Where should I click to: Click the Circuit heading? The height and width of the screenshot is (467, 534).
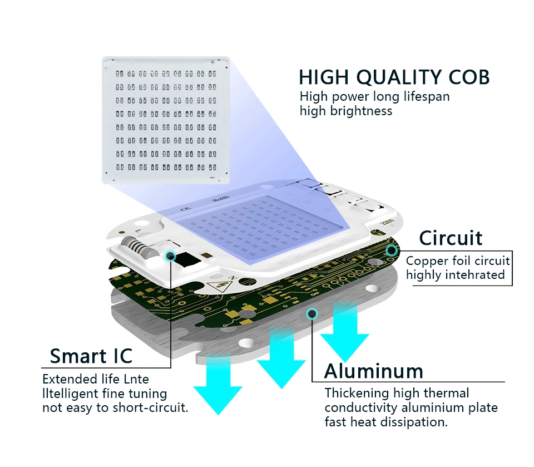click(451, 238)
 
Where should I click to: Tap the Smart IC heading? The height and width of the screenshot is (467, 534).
click(91, 356)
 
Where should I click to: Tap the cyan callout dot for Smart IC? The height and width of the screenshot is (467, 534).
click(170, 255)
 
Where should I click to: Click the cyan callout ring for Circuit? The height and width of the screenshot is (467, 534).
click(392, 250)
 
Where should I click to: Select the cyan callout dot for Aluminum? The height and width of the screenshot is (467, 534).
click(311, 313)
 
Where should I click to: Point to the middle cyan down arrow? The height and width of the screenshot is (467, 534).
click(281, 358)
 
